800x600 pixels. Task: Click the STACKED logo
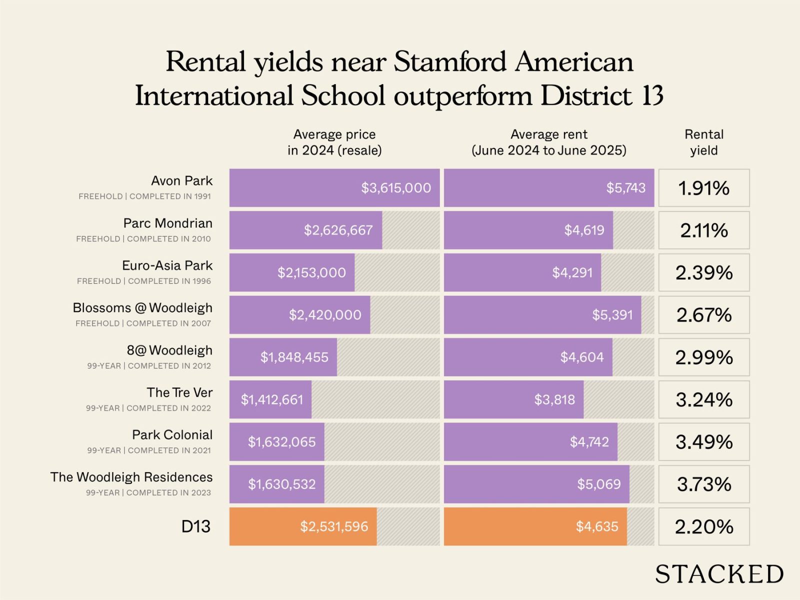719,574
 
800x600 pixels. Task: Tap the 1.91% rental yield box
703,188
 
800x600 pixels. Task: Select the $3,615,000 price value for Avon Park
396,188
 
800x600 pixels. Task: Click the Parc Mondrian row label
167,223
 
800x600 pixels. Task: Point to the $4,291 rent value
572,272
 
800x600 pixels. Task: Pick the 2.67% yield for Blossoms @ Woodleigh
703,315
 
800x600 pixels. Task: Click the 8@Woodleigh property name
169,350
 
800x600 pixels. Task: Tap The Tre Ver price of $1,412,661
272,399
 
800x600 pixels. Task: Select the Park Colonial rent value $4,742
589,442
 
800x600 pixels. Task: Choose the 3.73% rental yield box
703,484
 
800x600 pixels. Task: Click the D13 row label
195,526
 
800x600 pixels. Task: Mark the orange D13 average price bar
303,526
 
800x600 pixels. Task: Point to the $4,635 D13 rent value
597,526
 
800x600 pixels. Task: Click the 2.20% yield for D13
703,526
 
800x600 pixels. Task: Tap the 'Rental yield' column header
703,142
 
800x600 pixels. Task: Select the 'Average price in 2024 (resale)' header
334,142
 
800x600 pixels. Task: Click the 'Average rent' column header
548,142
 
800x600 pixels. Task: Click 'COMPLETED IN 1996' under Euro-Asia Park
169,281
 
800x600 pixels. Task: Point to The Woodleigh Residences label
131,477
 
